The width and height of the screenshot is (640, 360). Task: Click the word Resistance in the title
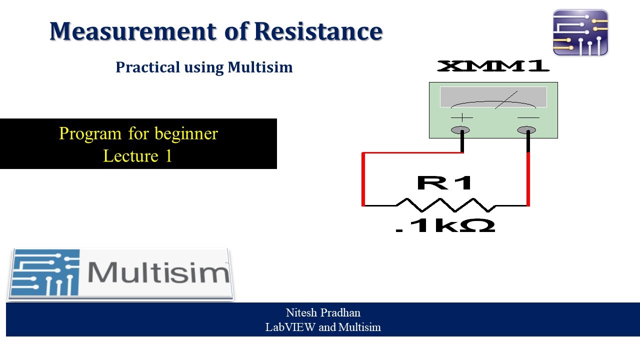(318, 31)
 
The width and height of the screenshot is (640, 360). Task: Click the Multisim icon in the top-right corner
(580, 32)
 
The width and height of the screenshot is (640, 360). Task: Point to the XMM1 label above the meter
(493, 66)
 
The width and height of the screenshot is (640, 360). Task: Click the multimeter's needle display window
(493, 97)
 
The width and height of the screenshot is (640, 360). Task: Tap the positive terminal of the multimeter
(460, 130)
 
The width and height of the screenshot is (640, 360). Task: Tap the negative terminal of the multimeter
(526, 130)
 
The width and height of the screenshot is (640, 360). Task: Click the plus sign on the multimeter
(461, 117)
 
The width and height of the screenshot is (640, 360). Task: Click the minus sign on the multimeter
(528, 117)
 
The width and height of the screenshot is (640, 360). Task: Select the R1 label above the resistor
(444, 182)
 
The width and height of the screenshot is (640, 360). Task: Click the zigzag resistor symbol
(445, 204)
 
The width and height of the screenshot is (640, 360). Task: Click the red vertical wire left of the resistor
(363, 179)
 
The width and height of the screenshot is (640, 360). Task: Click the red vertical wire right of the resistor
(528, 179)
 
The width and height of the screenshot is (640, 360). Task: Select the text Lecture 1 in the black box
(137, 156)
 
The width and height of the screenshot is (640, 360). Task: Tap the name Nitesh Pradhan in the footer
(323, 313)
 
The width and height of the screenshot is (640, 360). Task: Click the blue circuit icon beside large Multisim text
(45, 273)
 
